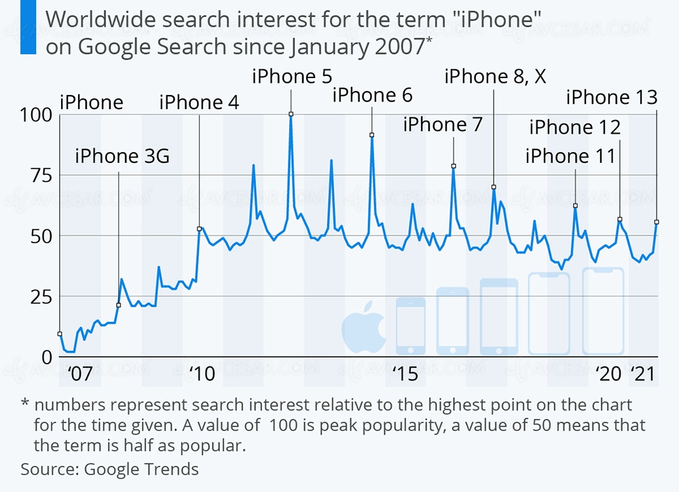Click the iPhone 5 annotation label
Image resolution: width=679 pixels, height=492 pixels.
click(x=292, y=75)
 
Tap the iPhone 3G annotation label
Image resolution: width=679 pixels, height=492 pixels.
click(x=122, y=157)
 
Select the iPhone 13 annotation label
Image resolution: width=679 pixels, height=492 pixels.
click(x=612, y=98)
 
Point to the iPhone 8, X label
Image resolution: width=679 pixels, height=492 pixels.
click(x=495, y=75)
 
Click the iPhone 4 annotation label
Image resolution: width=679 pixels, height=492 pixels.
click(x=199, y=102)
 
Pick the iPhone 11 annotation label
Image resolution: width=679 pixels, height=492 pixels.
click(x=570, y=156)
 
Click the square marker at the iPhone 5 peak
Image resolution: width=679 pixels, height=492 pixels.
click(x=291, y=114)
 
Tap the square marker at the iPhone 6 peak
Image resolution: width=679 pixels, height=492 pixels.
click(x=372, y=135)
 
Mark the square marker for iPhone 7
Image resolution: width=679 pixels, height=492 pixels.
click(x=454, y=166)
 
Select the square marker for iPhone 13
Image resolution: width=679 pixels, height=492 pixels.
click(x=657, y=222)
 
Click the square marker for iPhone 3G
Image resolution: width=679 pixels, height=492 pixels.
click(x=118, y=305)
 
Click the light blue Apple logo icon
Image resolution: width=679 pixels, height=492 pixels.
click(x=363, y=333)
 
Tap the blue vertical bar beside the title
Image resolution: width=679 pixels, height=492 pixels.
click(x=28, y=28)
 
